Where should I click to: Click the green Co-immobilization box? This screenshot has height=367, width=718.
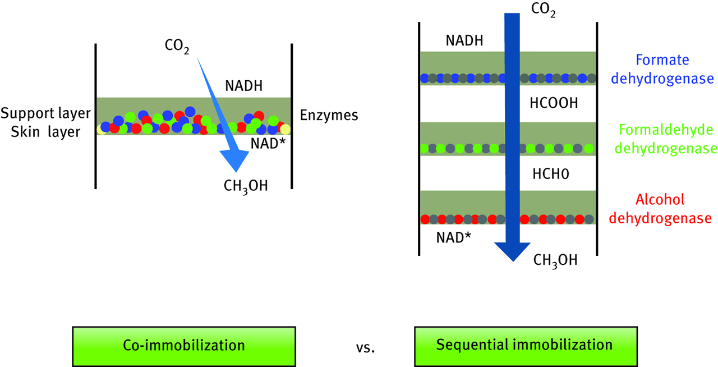click(x=183, y=344)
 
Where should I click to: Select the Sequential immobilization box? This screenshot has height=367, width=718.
click(x=524, y=344)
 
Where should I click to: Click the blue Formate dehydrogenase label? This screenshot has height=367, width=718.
click(x=662, y=69)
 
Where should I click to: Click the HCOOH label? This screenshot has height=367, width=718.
click(x=553, y=104)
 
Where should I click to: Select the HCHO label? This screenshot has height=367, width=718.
click(x=550, y=175)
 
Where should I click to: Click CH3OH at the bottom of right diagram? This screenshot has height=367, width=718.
click(x=555, y=260)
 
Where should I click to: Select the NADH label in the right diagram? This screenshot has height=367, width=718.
click(x=464, y=40)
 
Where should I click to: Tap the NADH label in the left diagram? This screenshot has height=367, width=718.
click(x=243, y=86)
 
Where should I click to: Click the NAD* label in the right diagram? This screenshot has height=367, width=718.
click(x=453, y=237)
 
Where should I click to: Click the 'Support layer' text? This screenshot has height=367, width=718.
click(x=46, y=113)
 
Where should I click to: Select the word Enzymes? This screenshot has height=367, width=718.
click(x=329, y=116)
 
